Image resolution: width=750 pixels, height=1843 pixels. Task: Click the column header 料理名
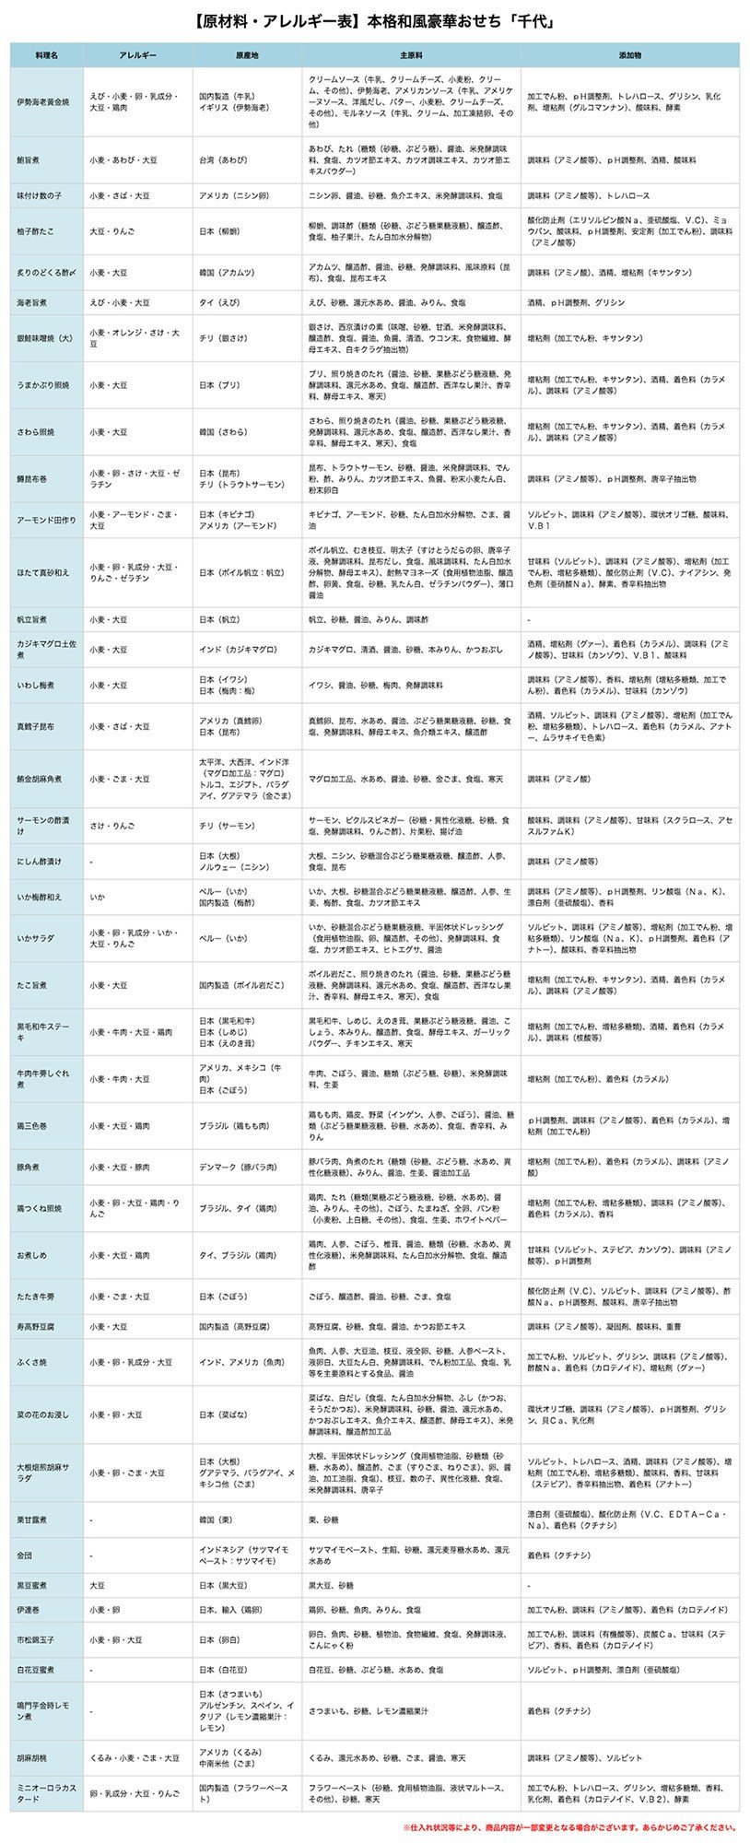(x=47, y=55)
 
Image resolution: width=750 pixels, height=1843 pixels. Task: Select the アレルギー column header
(x=138, y=55)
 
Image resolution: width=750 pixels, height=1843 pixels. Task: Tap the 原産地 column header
(x=247, y=55)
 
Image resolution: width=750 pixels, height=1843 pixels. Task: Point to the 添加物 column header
(x=630, y=55)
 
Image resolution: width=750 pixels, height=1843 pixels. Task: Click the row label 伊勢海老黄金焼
(x=42, y=102)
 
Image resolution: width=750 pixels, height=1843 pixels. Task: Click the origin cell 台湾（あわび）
(x=223, y=159)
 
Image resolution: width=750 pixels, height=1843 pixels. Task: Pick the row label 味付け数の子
(x=39, y=195)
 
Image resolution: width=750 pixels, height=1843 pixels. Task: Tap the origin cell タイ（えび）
(x=221, y=302)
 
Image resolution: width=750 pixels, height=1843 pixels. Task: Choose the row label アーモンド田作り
(x=45, y=520)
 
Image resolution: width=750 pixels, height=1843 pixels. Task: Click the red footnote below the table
(x=569, y=1827)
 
